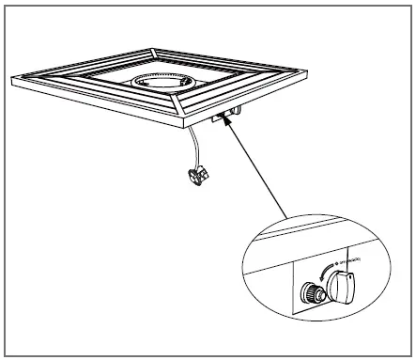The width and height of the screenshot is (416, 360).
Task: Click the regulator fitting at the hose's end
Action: click(x=197, y=174)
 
